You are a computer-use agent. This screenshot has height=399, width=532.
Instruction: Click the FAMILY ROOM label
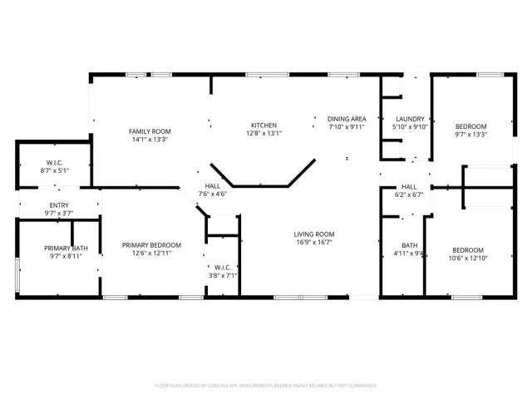point(150,131)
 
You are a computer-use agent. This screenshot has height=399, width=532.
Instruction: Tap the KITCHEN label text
point(264,126)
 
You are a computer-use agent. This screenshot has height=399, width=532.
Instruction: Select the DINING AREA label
point(347,119)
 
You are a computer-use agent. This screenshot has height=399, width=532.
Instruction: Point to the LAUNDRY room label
point(410,119)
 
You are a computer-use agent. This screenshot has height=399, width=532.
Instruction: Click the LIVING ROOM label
point(313,234)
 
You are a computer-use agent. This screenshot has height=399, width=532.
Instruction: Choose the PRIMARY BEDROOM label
point(151,244)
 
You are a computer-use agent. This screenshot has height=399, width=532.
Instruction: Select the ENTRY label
point(59,205)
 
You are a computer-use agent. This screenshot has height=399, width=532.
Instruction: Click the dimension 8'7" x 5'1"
point(55,170)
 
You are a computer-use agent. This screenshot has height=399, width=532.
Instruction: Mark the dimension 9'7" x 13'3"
point(470,134)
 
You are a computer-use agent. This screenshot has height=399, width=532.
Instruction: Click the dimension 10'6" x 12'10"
point(466,259)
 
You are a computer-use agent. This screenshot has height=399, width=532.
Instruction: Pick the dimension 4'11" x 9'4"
point(409,254)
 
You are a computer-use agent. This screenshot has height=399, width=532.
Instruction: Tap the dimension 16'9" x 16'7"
point(313,243)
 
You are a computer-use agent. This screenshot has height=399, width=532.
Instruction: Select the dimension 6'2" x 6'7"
point(409,195)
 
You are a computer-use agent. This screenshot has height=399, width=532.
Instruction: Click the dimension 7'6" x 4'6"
point(212,195)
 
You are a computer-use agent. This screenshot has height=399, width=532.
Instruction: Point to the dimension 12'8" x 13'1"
point(264,133)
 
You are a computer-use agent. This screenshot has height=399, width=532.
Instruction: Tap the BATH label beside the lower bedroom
point(409,245)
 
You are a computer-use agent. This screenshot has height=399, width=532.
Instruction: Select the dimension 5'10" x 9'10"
point(410,126)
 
